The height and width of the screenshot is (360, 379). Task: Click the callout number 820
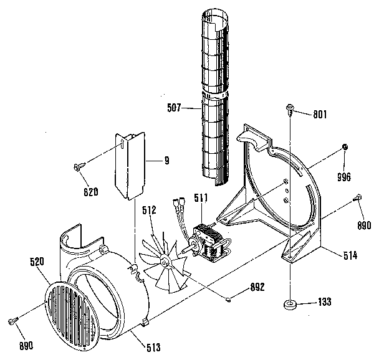coord(91,192)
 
